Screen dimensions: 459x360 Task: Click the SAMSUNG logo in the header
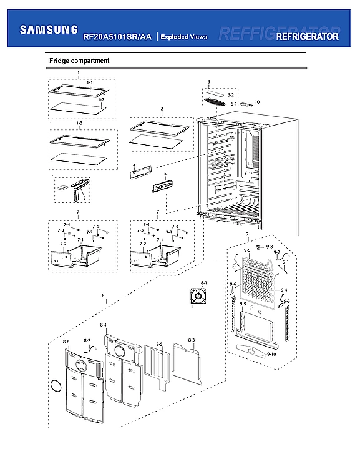pos(49,29)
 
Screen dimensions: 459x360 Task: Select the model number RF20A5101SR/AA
pos(117,37)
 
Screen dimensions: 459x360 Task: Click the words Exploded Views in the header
pos(184,37)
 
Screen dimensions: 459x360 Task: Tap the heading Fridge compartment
pos(79,61)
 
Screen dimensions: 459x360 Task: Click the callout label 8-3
pos(192,340)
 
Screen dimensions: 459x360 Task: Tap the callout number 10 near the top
pos(256,101)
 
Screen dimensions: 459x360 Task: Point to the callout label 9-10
pos(271,354)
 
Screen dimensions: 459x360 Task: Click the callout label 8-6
pos(66,342)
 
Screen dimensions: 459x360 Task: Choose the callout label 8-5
pos(159,344)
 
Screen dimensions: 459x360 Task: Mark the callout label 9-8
pos(270,247)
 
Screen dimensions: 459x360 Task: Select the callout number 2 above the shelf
pos(162,109)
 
